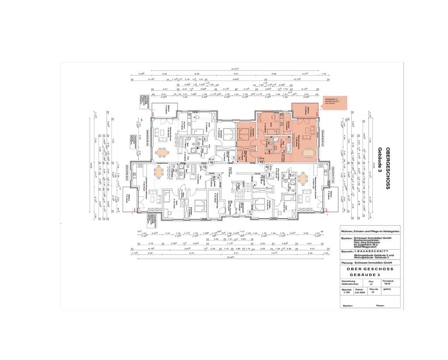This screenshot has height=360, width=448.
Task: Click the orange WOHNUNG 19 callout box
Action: (334, 103)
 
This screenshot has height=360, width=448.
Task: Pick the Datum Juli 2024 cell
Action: (359, 291)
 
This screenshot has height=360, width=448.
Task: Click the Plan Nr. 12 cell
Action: (372, 291)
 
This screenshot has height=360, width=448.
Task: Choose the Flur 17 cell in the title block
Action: (371, 282)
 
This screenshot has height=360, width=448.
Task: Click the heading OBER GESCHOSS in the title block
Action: (370, 269)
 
